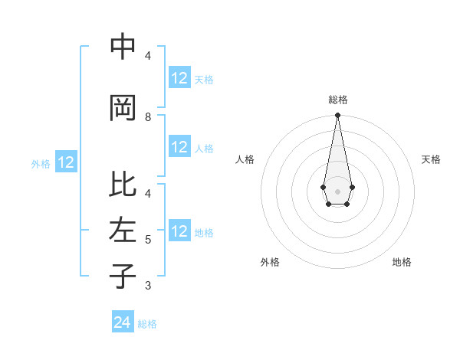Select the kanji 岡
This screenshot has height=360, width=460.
[x=123, y=108]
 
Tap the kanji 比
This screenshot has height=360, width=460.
[x=123, y=185]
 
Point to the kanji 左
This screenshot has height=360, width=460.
[x=123, y=230]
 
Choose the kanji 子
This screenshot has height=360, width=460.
[x=123, y=276]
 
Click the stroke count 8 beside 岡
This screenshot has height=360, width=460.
[x=148, y=117]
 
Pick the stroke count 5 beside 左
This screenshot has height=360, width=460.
[x=148, y=240]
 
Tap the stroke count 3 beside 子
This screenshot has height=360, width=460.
[x=148, y=286]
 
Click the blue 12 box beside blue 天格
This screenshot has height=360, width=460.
[x=179, y=78]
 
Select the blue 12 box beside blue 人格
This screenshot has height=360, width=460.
[x=179, y=148]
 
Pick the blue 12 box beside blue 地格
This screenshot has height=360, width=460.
[x=179, y=232]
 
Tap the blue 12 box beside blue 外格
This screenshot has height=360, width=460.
[x=66, y=162]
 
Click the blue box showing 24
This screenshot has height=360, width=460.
[x=123, y=322]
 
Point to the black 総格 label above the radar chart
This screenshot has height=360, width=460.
[x=338, y=100]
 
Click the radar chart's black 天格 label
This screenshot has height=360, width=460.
[x=431, y=159]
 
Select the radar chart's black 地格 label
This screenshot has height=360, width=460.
[x=402, y=262]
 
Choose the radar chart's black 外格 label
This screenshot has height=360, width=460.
[x=270, y=262]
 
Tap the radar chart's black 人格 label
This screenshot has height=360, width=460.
[x=245, y=159]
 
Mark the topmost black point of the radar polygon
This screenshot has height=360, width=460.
[x=337, y=116]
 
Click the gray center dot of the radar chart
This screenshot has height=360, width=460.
[x=337, y=190]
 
